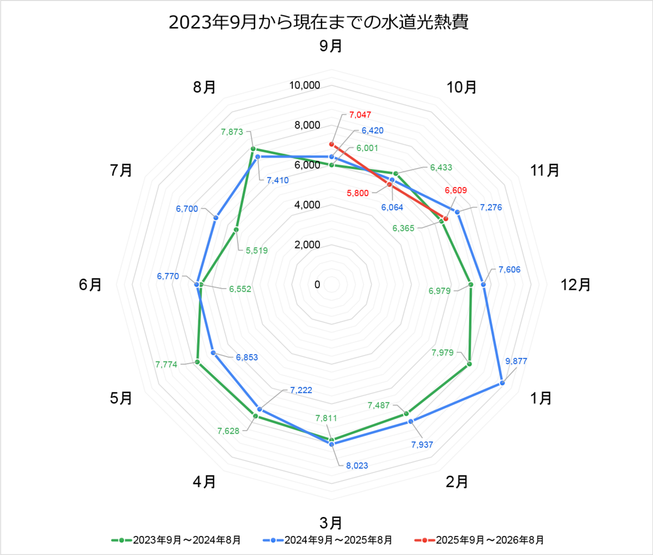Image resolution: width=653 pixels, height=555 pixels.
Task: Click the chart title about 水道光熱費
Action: (318, 22)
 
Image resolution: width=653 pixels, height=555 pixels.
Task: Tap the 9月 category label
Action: (331, 46)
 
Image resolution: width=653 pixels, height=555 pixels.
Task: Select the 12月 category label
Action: (576, 285)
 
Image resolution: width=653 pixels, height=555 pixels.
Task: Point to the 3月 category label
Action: (331, 523)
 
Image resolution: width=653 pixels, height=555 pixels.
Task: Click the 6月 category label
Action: (90, 285)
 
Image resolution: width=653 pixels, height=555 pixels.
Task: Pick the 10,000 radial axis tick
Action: (305, 85)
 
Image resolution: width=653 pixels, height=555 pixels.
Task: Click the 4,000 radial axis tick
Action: (307, 205)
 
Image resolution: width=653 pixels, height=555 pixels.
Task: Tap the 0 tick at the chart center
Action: (317, 285)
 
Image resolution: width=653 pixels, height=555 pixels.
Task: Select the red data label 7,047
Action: (360, 115)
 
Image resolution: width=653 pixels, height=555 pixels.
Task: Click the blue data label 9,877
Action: (516, 361)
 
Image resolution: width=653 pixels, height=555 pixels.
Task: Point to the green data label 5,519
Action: (257, 251)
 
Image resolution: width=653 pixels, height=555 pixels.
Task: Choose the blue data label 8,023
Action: (357, 465)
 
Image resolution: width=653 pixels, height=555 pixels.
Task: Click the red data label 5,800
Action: (358, 193)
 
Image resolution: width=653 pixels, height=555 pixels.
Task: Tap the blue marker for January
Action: (502, 383)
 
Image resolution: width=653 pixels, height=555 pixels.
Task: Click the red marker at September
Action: (331, 144)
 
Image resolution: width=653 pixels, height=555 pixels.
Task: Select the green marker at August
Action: (252, 149)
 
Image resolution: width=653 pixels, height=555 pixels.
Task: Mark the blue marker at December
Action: (483, 285)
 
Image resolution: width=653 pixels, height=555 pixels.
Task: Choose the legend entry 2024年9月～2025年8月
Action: (327, 540)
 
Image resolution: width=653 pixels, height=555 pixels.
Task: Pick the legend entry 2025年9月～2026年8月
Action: (479, 540)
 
